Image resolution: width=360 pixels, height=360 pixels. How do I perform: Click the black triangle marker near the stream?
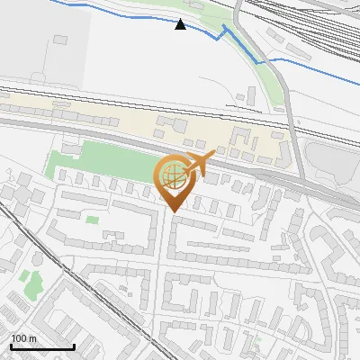(x=181, y=24)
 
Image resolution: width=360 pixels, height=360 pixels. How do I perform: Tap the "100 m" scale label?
(x=24, y=338)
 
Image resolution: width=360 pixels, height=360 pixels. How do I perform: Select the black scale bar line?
(x=42, y=347)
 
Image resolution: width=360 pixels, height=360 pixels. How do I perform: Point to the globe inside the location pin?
(x=175, y=177)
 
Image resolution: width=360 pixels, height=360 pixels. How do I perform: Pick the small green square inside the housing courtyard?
(x=92, y=219)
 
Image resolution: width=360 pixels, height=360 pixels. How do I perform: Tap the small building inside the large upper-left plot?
(x=60, y=40)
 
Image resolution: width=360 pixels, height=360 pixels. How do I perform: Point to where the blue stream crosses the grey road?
(x=267, y=62)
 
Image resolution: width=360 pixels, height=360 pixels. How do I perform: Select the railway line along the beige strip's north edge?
(x=135, y=98)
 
